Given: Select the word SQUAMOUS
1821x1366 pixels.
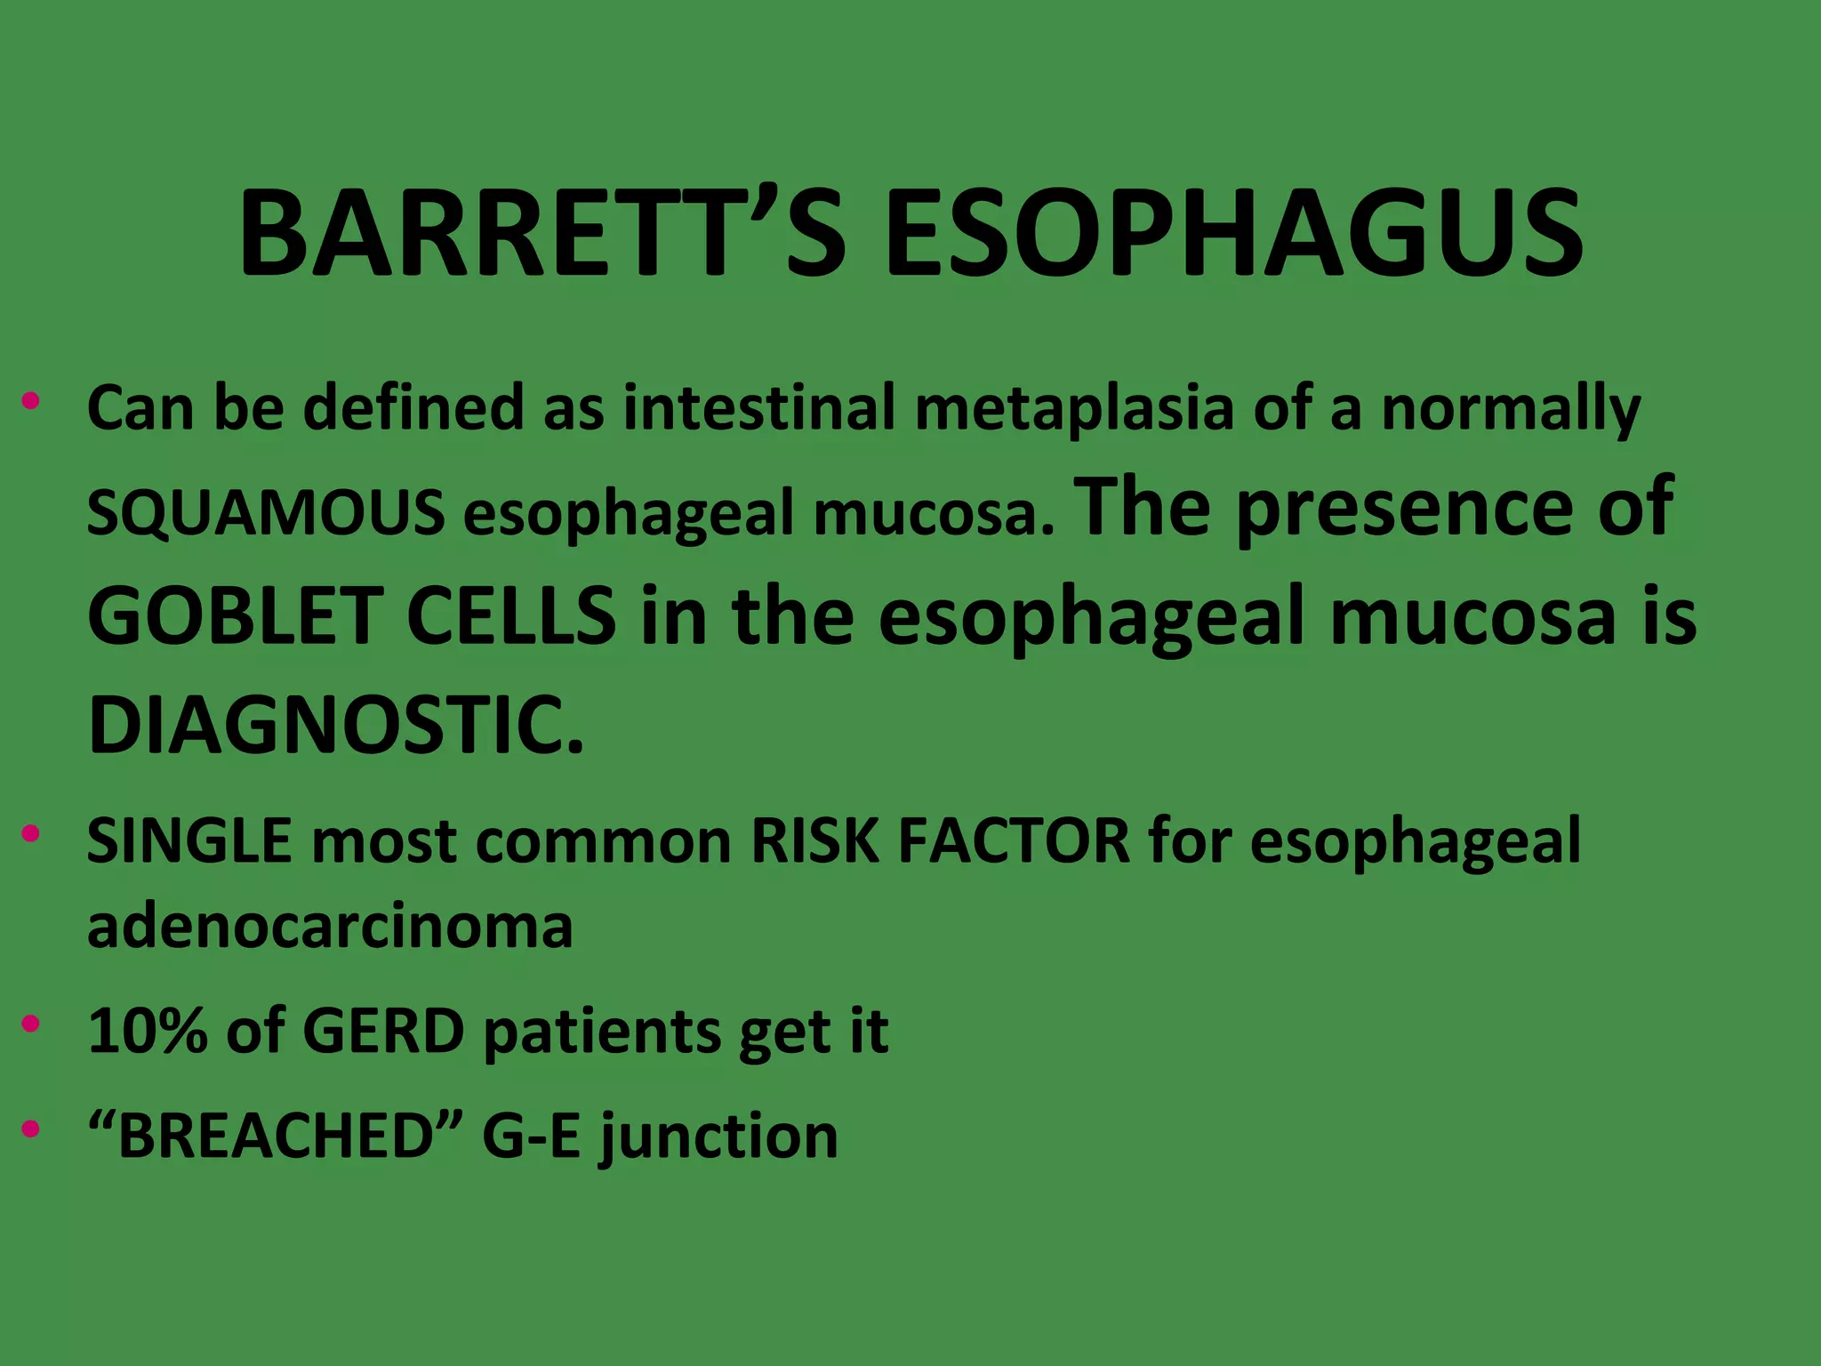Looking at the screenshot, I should click(266, 513).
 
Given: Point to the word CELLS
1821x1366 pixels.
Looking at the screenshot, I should click(510, 615).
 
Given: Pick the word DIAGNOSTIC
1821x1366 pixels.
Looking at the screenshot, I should click(336, 725).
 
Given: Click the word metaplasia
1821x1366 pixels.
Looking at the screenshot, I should click(1074, 409).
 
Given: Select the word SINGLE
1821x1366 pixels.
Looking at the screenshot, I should click(189, 840).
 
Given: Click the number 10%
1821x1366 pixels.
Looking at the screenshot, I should click(148, 1031).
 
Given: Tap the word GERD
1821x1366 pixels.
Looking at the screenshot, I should click(383, 1031).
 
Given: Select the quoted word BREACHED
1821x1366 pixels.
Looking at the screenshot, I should click(276, 1136).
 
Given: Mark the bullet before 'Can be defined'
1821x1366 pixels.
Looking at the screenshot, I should click(31, 400).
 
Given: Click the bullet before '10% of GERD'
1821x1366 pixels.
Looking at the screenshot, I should click(31, 1024).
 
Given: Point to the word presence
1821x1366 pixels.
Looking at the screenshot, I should click(1404, 509).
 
